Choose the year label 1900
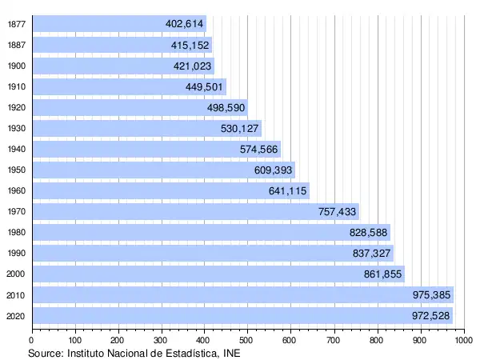[x=16, y=66]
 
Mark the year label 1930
[x=16, y=129]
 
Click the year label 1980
[x=16, y=233]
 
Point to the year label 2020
[x=16, y=316]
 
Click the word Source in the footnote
[x=45, y=353]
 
